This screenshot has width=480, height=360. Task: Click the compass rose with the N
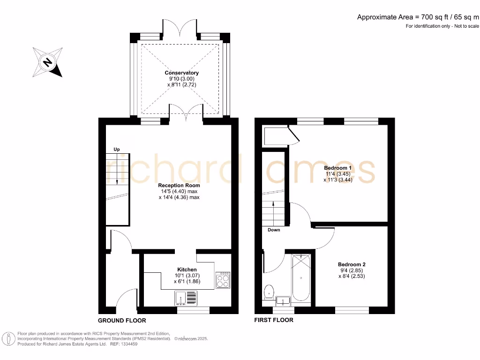(47, 62)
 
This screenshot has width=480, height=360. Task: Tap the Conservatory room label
(181, 73)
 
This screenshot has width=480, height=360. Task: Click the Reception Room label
(179, 186)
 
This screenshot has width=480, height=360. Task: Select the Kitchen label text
(187, 270)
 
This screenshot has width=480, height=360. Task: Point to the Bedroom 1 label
(338, 168)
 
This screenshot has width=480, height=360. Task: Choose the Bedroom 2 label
(352, 264)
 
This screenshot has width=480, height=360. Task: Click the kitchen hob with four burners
(222, 280)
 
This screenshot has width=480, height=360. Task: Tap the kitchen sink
(187, 297)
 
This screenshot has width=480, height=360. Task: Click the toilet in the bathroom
(269, 292)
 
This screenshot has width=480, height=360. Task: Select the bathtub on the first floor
(300, 277)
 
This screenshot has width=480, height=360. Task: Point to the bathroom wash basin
(283, 300)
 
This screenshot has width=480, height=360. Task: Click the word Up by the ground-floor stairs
(116, 149)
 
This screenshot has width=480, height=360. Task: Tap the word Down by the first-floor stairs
(274, 230)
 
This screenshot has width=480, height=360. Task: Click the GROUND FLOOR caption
(122, 321)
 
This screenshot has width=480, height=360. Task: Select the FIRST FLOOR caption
(274, 320)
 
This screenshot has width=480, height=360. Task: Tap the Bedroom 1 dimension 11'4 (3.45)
(338, 173)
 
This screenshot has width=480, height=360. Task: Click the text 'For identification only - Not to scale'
(442, 26)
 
